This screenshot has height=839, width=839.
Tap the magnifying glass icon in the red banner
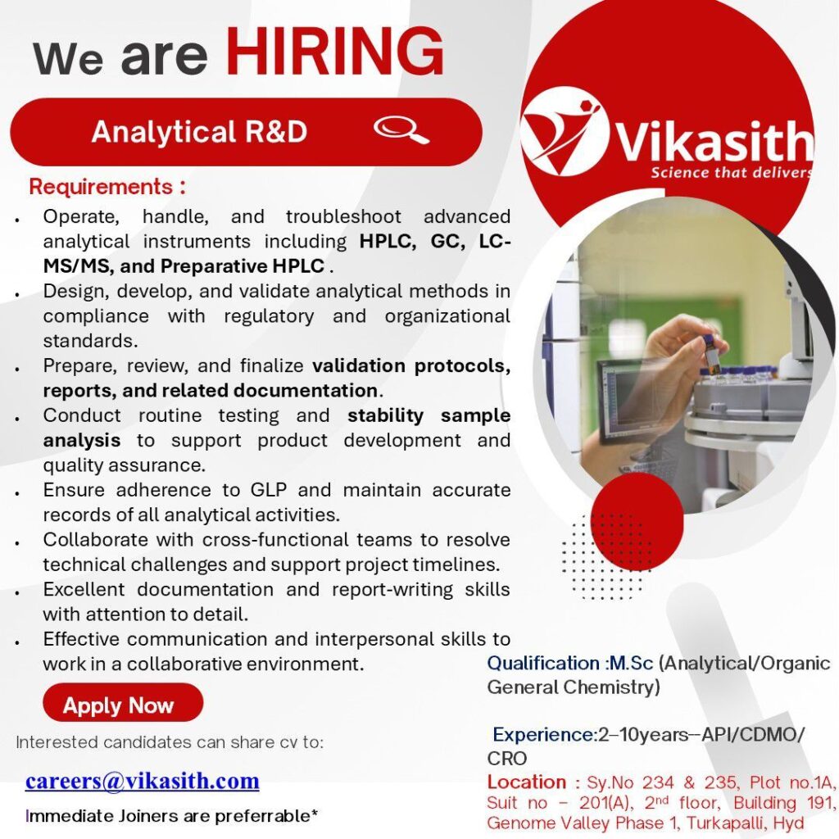coord(401,130)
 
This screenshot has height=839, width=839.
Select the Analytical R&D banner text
coord(199,132)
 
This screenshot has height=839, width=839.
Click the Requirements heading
coord(107,187)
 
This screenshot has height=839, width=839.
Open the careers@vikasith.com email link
coord(142,781)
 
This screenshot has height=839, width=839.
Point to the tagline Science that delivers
coord(731,172)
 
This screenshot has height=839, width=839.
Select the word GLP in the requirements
coord(269,490)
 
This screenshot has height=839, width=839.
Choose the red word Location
coord(526,782)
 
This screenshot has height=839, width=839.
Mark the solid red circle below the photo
coord(637,515)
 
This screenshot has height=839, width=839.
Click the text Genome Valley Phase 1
coord(569,823)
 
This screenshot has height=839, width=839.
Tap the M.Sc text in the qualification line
coord(631,663)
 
